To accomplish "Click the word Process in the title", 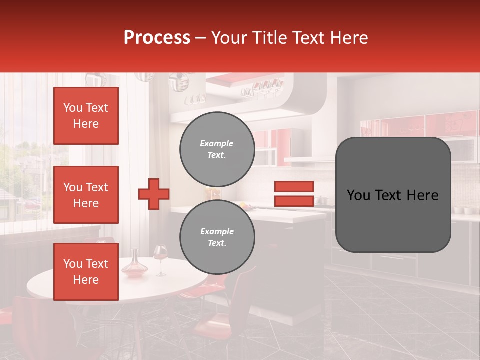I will (x=157, y=38).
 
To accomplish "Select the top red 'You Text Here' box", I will (x=86, y=116).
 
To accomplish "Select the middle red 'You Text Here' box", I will (x=86, y=195).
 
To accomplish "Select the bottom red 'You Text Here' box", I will (x=86, y=272).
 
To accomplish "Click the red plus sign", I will (x=154, y=194).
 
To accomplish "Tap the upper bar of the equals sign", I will (x=294, y=186).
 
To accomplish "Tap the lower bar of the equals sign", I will (x=294, y=201).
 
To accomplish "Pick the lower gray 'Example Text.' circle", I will (x=217, y=237).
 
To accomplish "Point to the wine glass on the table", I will (x=160, y=257).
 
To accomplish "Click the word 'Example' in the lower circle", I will (x=217, y=231).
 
